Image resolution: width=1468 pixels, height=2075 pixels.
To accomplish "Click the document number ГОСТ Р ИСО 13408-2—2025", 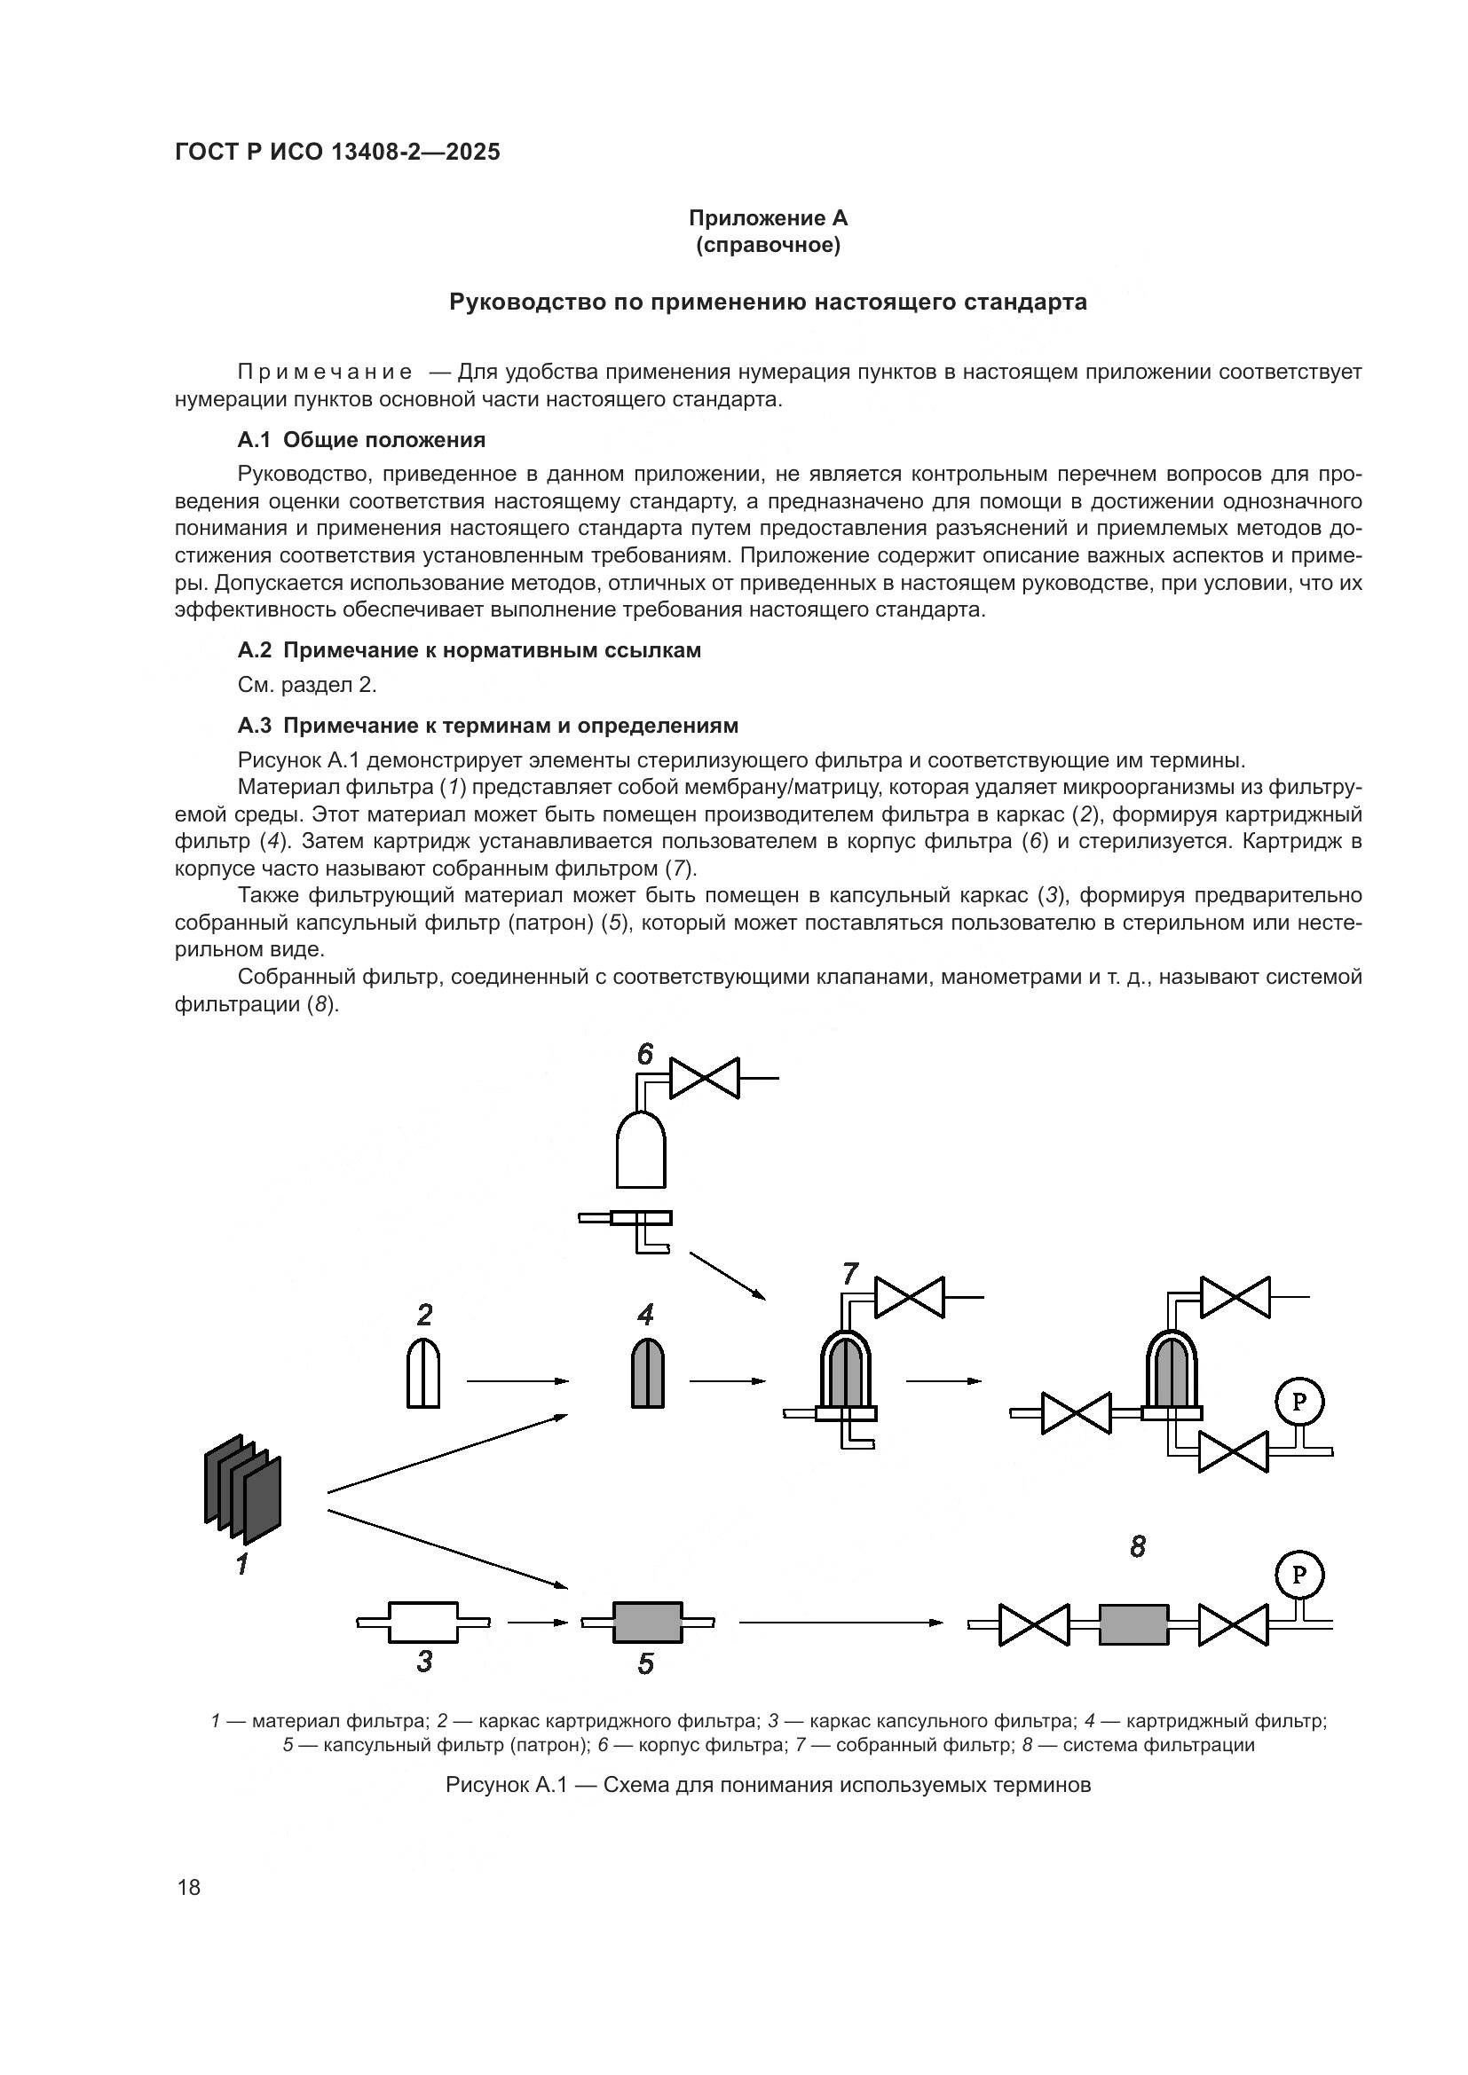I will (x=337, y=153).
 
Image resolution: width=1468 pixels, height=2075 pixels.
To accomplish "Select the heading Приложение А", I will (x=768, y=218).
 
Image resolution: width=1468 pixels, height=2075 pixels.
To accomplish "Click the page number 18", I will (x=189, y=1887).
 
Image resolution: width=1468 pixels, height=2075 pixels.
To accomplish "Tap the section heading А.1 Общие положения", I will (x=361, y=440).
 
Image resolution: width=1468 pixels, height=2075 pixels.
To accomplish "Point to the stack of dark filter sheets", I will (x=242, y=1488).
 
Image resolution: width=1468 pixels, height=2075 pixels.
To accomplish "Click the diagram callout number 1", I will (x=242, y=1563).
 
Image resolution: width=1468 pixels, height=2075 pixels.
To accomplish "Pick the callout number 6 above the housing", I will (x=644, y=1054).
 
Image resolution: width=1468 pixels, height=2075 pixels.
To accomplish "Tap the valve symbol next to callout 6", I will (x=704, y=1078).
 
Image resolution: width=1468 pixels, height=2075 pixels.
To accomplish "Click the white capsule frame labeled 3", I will (x=423, y=1623).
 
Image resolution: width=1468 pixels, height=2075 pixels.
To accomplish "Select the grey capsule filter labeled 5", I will (x=646, y=1623).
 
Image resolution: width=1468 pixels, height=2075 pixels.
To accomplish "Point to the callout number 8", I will (x=1137, y=1547).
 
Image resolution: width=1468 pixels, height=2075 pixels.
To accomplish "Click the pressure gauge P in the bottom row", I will (x=1299, y=1576).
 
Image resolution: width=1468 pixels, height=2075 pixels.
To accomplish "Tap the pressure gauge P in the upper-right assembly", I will (x=1299, y=1402).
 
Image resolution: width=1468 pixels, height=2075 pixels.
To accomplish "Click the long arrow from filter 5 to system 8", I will (x=841, y=1623).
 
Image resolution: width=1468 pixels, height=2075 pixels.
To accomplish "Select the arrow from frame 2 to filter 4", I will (x=517, y=1381).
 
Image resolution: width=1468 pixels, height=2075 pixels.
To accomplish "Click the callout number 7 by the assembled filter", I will (x=849, y=1274).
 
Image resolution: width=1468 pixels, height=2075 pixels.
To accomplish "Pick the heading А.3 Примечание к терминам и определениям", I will (x=488, y=726).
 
